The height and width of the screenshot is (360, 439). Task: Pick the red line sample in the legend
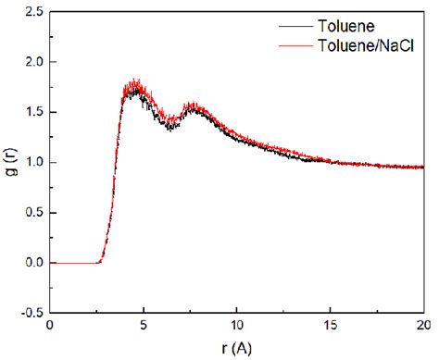tap(295, 43)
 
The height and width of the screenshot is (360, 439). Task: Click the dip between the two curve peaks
tap(172, 123)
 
